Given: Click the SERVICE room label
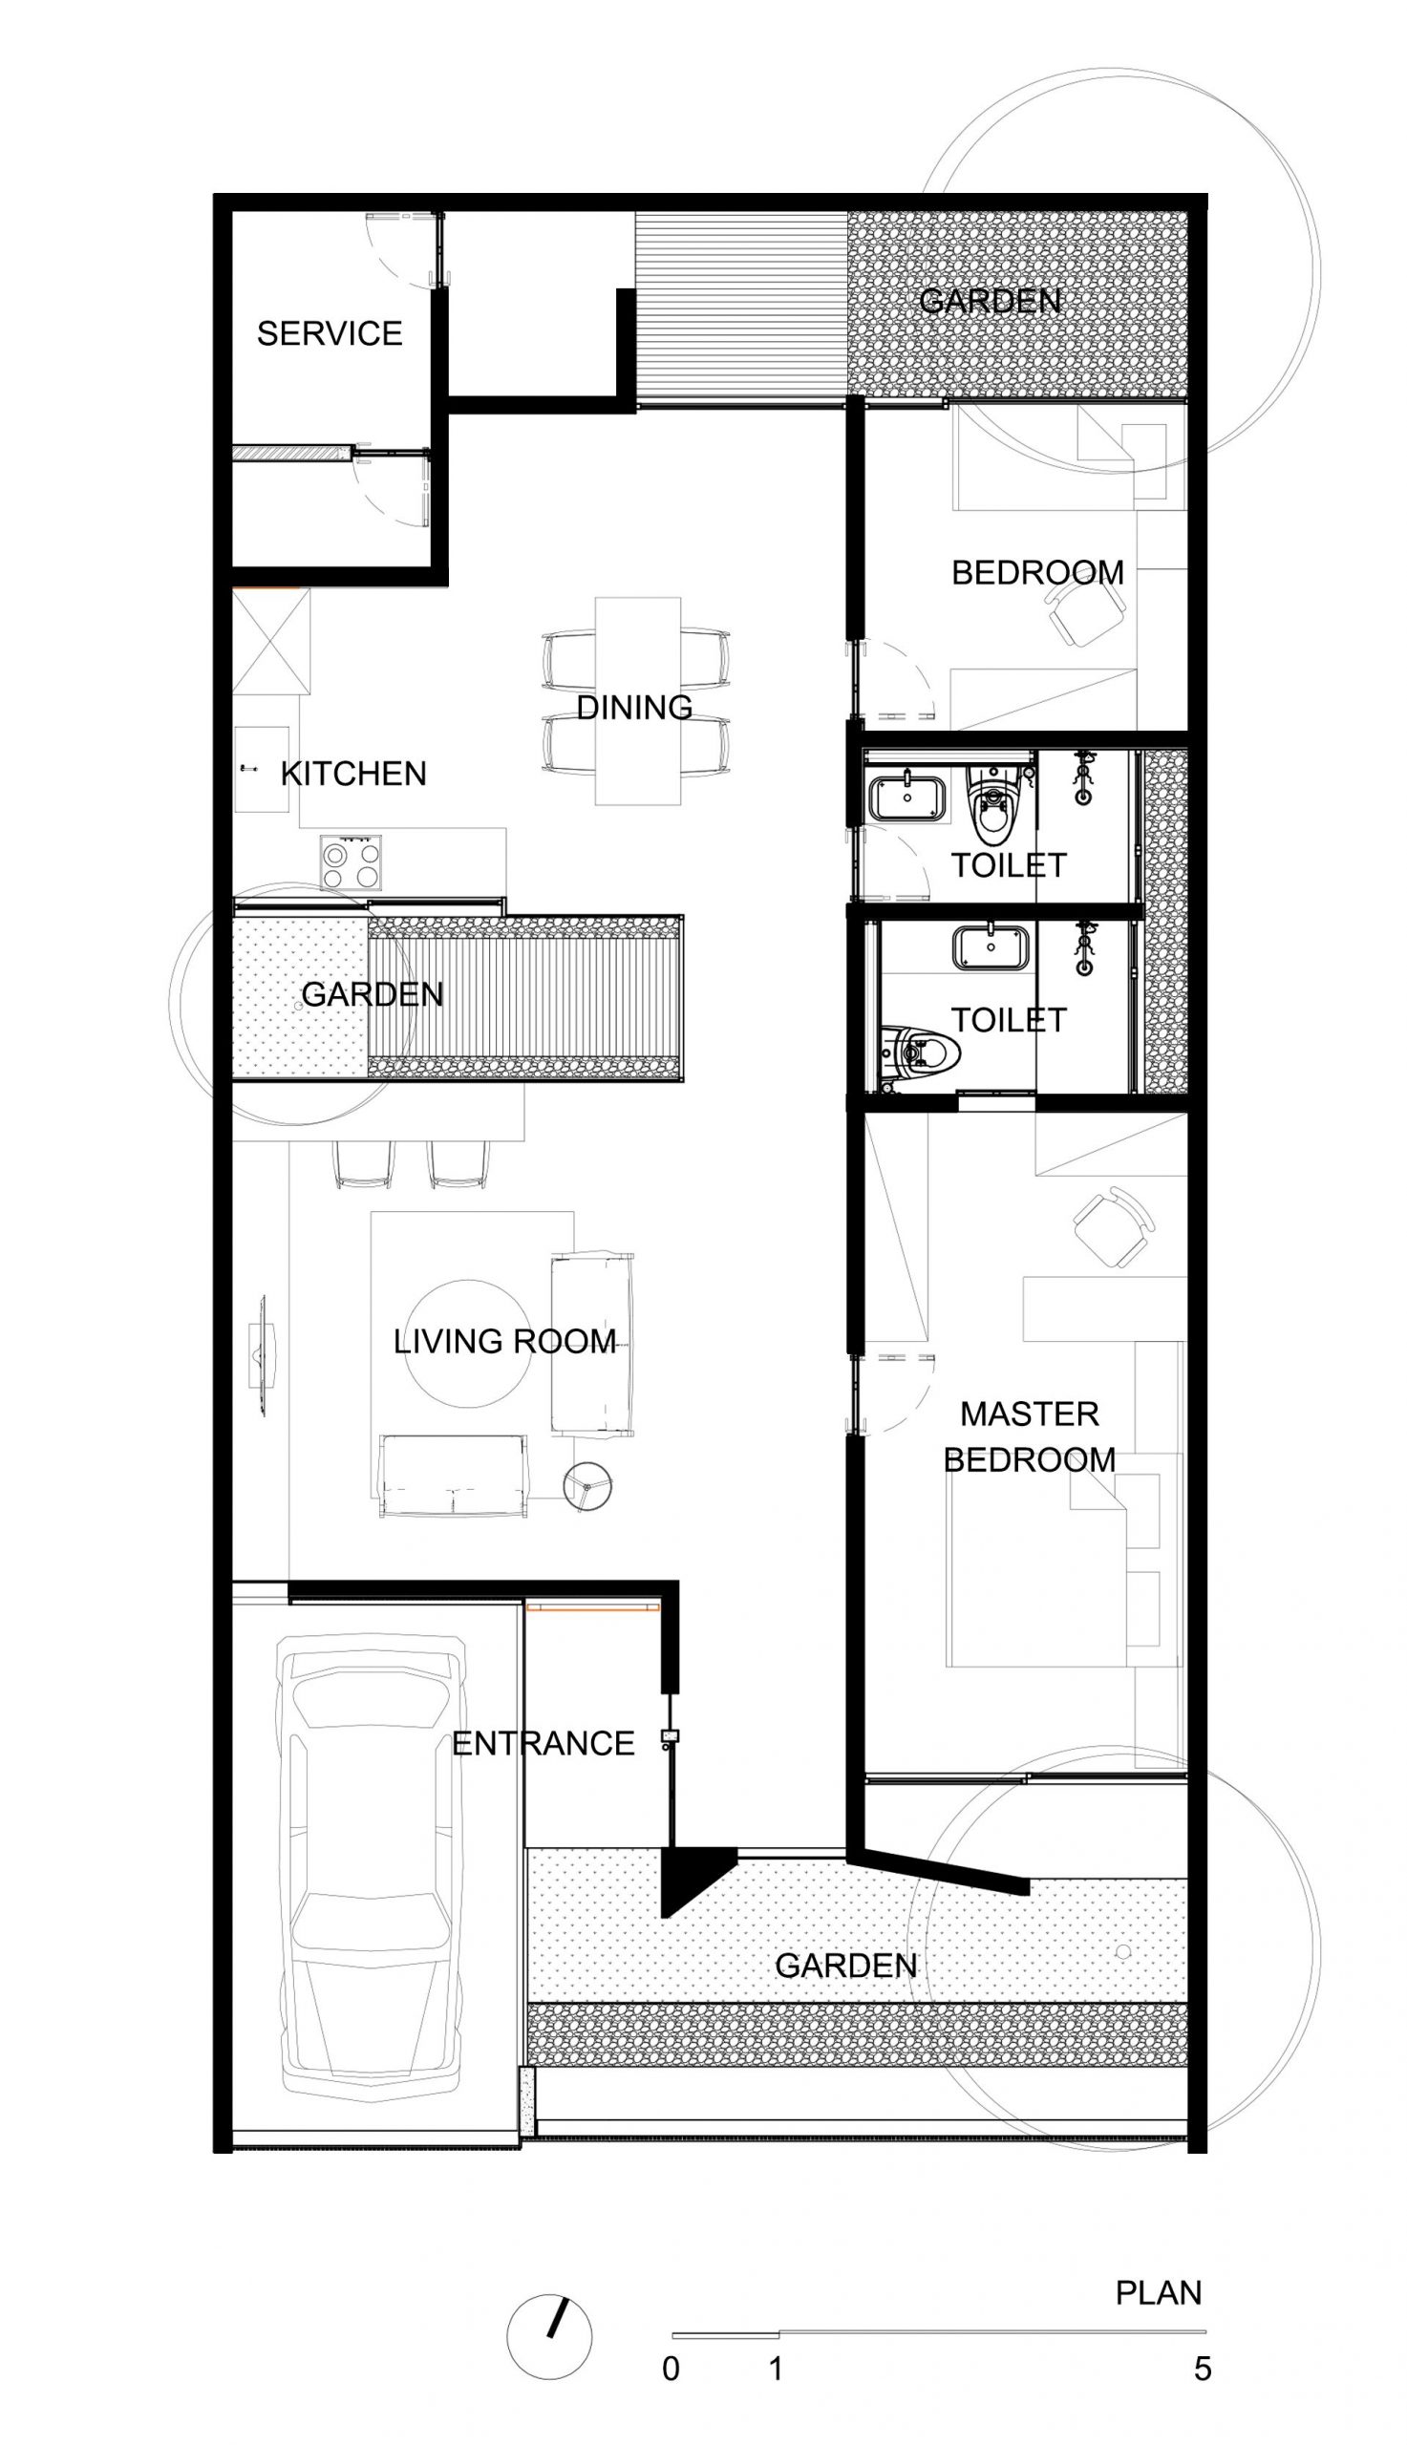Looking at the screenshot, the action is click(330, 333).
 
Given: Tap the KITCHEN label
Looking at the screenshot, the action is click(353, 773).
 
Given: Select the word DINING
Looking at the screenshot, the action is click(635, 707).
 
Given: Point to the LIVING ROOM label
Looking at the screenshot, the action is click(504, 1340).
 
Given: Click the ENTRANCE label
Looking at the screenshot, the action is click(544, 1743).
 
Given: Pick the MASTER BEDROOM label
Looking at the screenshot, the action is click(1030, 1435).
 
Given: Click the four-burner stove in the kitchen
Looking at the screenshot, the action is click(351, 862).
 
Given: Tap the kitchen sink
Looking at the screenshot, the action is click(262, 769).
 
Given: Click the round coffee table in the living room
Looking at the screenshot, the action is click(466, 1344).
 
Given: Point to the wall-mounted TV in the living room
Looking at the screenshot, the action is click(262, 1356).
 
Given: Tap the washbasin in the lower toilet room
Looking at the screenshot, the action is click(991, 947).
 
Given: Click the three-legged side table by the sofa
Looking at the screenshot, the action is click(589, 1485).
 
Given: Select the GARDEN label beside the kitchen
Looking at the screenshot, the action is click(372, 993).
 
